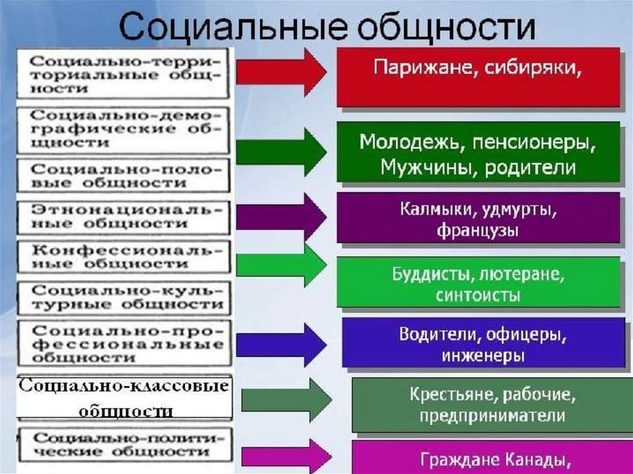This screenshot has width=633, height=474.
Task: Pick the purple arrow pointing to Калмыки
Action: tap(281, 216)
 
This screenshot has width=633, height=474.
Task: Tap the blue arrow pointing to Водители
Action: tap(281, 343)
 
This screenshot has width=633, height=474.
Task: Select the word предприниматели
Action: tap(492, 415)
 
